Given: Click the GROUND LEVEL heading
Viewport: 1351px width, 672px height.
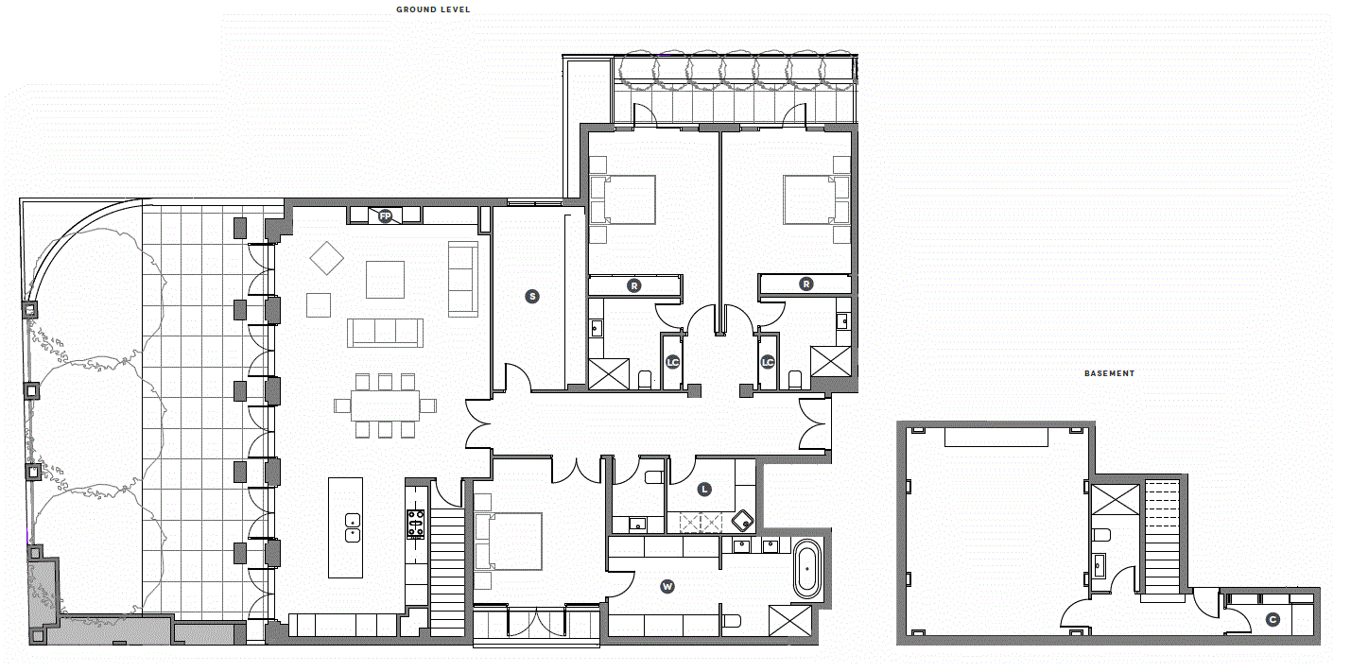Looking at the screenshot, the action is [x=433, y=9].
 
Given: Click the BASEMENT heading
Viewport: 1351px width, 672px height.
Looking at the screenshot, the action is [x=1109, y=373].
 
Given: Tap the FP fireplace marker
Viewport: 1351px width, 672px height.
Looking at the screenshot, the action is [x=385, y=215].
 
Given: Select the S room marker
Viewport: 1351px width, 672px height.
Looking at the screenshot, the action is [x=531, y=297].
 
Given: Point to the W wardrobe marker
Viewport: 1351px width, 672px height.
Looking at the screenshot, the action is [x=667, y=586].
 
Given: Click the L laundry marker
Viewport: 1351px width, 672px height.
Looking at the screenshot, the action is [x=704, y=490].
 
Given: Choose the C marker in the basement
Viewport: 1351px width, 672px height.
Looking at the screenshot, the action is [x=1273, y=620].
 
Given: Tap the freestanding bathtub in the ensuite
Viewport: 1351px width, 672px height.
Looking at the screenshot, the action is [x=807, y=569].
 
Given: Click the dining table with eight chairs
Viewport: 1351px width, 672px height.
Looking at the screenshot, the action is [x=386, y=405].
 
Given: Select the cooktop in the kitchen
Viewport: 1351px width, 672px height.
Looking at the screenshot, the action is [x=416, y=523].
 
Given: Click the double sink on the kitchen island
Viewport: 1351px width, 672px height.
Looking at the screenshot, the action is [x=353, y=528].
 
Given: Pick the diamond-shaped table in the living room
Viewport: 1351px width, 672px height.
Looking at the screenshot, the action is [x=327, y=259].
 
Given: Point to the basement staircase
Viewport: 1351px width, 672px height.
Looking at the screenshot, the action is [x=1162, y=538].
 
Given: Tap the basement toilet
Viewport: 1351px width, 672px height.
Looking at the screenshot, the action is [x=1101, y=535].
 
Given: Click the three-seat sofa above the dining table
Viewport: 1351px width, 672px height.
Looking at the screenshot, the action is [x=385, y=333].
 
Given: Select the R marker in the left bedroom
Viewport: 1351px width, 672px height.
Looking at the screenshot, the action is [x=633, y=285].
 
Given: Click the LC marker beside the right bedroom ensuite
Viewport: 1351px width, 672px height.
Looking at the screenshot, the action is [x=768, y=362].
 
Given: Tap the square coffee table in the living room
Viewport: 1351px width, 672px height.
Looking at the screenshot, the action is [x=385, y=280].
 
